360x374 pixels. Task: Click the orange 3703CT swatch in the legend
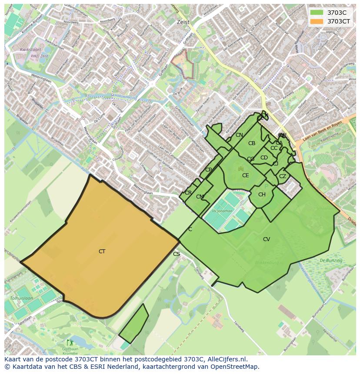click(x=317, y=21)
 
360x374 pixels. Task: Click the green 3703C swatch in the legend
click(x=317, y=13)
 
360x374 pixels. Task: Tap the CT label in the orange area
click(x=102, y=252)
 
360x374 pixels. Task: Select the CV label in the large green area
click(x=267, y=239)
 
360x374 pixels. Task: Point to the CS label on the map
click(x=177, y=254)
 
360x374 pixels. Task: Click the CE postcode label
click(x=246, y=175)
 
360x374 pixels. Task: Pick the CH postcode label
click(x=262, y=195)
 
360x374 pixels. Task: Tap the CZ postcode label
click(x=283, y=176)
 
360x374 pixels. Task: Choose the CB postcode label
click(x=252, y=143)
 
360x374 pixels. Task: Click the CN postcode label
click(x=239, y=135)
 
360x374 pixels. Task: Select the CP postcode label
click(x=208, y=170)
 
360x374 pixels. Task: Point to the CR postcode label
click(x=188, y=193)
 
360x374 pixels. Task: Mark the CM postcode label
click(x=200, y=197)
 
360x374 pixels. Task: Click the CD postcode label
click(x=264, y=158)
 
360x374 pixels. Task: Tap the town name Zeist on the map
click(x=183, y=22)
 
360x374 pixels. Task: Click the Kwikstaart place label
click(x=29, y=50)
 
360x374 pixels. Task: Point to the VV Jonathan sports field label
click(x=222, y=211)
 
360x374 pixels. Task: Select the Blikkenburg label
click(x=267, y=263)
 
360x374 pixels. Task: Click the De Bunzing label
click(x=331, y=260)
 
